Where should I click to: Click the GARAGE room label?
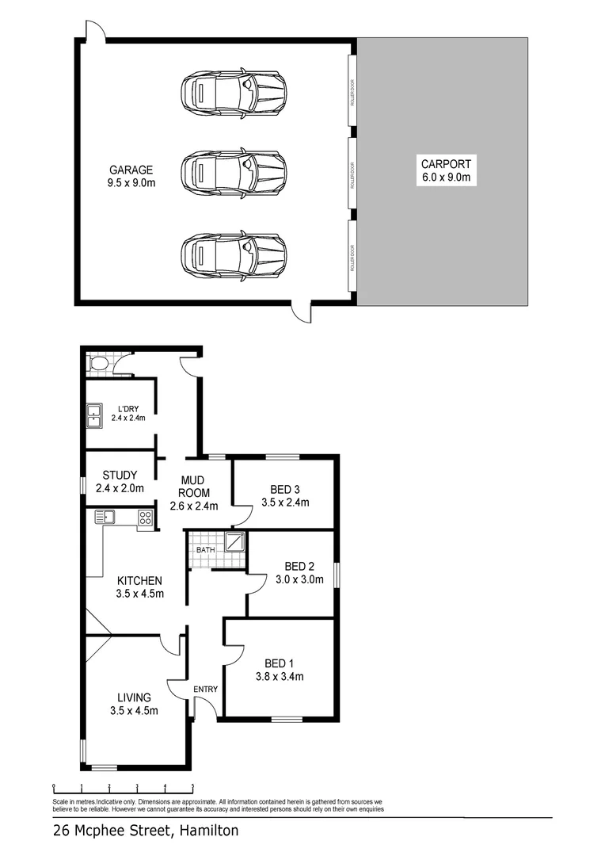pos(131,170)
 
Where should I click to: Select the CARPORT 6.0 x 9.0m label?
pos(446,164)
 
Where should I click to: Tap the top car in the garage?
pos(232,94)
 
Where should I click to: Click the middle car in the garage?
pos(232,170)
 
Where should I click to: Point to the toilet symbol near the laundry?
pos(99,364)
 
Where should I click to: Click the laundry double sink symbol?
pos(94,415)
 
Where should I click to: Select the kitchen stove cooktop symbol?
pos(145,518)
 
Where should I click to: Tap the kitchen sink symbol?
pos(105,518)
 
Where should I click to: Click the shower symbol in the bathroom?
pos(235,542)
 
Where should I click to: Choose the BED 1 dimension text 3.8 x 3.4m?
pos(280,676)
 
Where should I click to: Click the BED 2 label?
pos(300,566)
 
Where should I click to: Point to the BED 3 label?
pos(284,488)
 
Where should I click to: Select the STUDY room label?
pos(120,476)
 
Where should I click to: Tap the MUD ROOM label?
pos(194,487)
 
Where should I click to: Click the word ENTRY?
pos(205,690)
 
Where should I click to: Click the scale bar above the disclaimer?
pos(123,788)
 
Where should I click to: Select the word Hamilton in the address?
pos(208,831)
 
